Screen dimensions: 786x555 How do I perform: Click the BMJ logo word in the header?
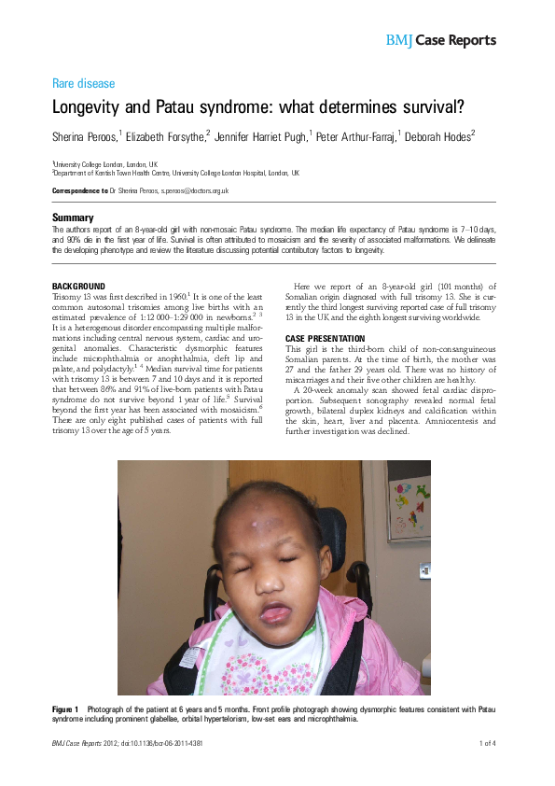[398, 40]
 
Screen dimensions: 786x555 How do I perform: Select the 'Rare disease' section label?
[84, 83]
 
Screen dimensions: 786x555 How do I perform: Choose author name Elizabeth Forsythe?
[158, 136]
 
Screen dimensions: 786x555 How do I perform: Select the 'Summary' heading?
[73, 218]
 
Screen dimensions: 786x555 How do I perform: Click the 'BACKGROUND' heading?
[78, 286]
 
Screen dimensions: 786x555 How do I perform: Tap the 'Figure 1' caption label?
[65, 710]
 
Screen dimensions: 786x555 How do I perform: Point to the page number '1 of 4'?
[487, 743]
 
